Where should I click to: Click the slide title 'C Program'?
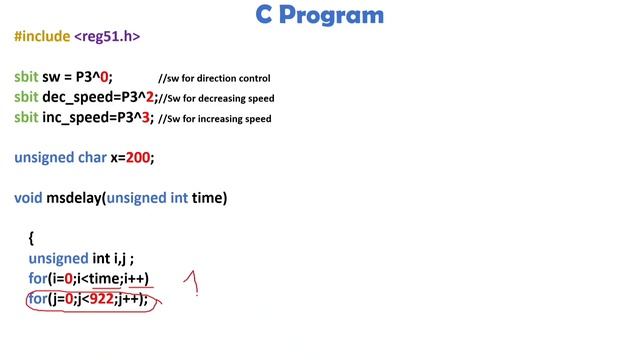pos(319,15)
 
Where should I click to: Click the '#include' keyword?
pos(41,37)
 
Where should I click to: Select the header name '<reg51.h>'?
pos(107,37)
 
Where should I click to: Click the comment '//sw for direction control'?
pos(214,78)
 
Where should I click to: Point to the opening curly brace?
pos(32,238)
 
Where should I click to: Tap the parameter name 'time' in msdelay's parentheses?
pos(209,198)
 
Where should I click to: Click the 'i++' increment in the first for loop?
pos(135,278)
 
